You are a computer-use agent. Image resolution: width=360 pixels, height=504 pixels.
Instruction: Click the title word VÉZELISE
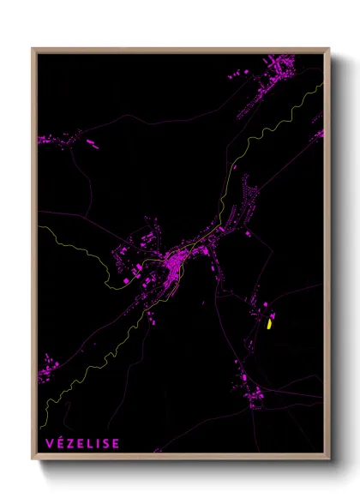(x=82, y=443)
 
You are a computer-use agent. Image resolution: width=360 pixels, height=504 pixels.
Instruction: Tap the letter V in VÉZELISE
(x=49, y=443)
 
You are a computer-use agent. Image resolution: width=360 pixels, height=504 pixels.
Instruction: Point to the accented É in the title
(x=59, y=443)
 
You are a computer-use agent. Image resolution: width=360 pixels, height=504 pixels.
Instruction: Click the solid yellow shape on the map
(x=268, y=324)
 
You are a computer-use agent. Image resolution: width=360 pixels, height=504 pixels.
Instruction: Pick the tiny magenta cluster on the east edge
(x=318, y=134)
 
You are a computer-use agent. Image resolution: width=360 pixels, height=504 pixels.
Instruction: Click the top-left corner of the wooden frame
(x=33, y=49)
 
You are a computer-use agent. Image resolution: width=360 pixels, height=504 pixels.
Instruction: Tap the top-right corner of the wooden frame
(x=329, y=49)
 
